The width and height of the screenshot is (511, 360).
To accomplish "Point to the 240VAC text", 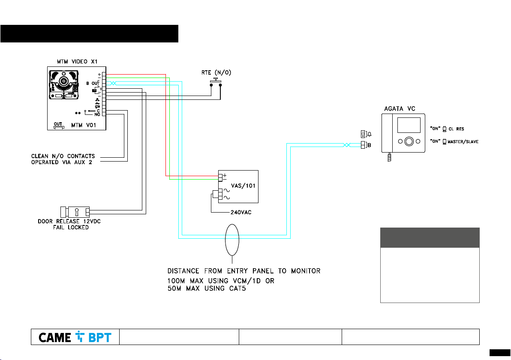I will coord(237,212).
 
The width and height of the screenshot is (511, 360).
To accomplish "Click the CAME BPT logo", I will coord(75,337).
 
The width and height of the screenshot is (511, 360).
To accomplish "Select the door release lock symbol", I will coord(75,212).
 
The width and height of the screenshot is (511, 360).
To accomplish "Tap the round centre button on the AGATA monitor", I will coord(409,141).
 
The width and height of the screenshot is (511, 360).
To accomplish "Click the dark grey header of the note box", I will coord(430,237).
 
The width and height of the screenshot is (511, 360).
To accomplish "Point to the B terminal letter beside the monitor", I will coord(369,145).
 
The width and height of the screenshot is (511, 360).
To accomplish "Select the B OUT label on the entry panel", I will coord(93,83).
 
